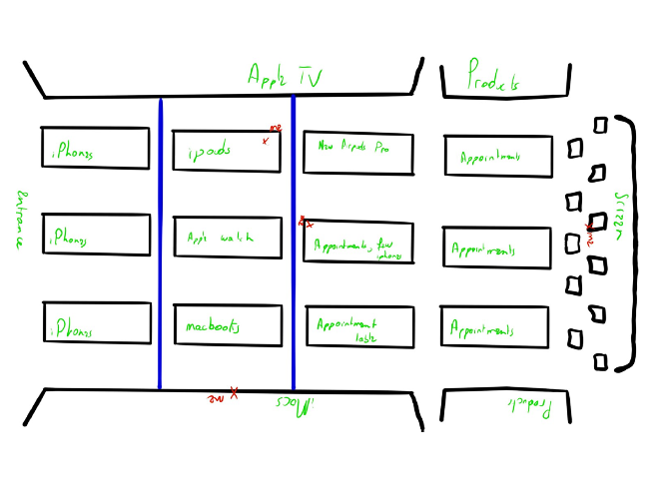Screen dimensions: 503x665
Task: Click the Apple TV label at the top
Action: pyautogui.click(x=285, y=77)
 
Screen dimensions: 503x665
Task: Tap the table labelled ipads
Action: pyautogui.click(x=226, y=151)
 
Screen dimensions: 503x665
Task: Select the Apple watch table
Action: pyautogui.click(x=226, y=238)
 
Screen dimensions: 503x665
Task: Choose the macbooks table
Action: pyautogui.click(x=226, y=325)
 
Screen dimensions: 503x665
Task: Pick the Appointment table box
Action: pyautogui.click(x=359, y=327)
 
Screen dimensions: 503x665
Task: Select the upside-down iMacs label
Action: pyautogui.click(x=297, y=404)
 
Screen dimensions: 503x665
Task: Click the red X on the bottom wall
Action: pyautogui.click(x=234, y=393)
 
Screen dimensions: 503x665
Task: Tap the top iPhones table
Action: pyautogui.click(x=95, y=147)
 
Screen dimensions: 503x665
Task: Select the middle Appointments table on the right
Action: pyautogui.click(x=497, y=249)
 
